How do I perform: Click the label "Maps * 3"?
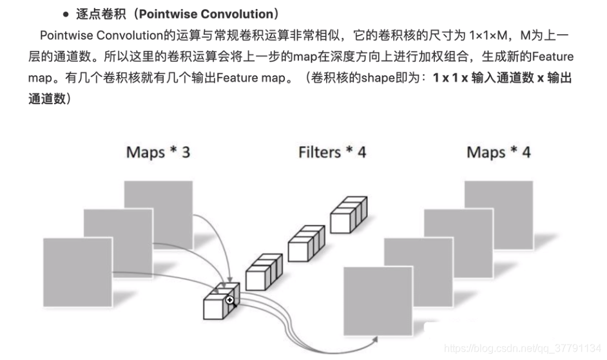158,153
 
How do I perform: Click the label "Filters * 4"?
332,153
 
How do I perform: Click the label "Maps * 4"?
498,153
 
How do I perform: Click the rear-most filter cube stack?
348,215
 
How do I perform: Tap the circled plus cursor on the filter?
229,300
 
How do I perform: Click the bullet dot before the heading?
66,15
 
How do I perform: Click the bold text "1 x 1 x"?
450,78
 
